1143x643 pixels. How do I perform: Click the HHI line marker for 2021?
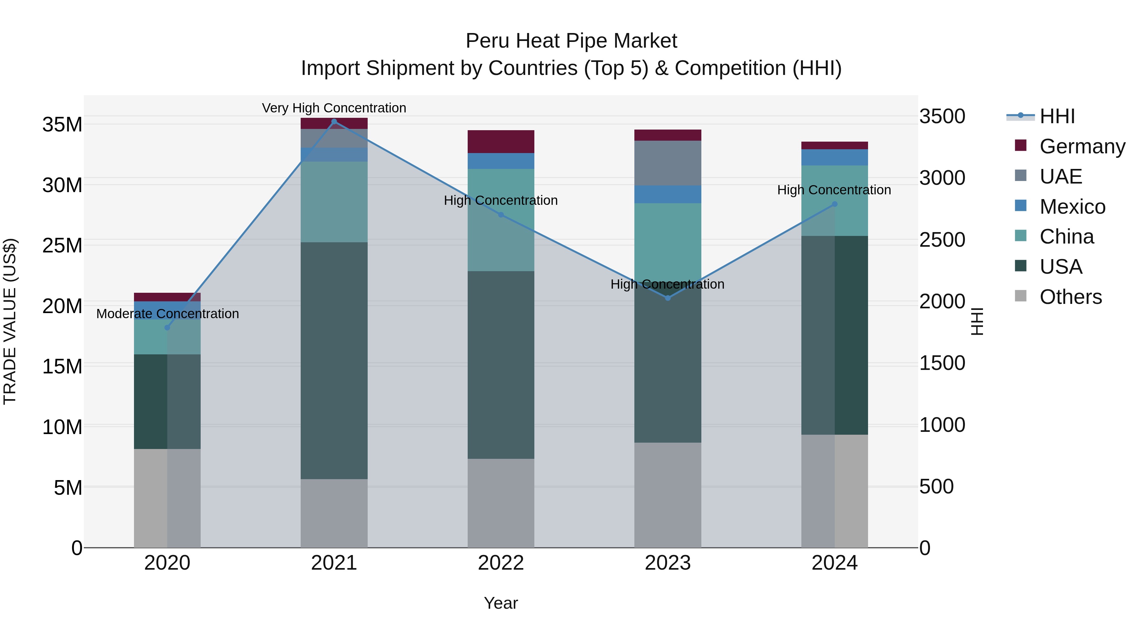334,122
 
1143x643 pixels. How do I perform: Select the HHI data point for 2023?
668,298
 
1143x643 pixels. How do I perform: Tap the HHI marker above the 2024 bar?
835,204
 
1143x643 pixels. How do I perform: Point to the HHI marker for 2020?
167,327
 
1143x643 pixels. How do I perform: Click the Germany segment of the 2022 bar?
501,142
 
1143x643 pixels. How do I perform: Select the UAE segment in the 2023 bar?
668,163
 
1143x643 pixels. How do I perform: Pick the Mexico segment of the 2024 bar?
835,157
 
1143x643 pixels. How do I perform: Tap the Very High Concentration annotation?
334,108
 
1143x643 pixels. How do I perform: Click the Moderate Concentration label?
167,314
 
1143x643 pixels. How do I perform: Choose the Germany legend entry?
1082,146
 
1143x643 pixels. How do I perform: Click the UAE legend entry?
1060,177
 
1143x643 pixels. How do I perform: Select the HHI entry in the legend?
1057,116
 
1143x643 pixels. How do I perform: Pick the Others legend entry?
1070,297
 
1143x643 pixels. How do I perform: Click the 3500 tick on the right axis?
942,116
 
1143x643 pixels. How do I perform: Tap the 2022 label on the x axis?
501,563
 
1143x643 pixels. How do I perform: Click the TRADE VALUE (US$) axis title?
10,321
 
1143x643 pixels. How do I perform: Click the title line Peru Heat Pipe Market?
571,41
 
